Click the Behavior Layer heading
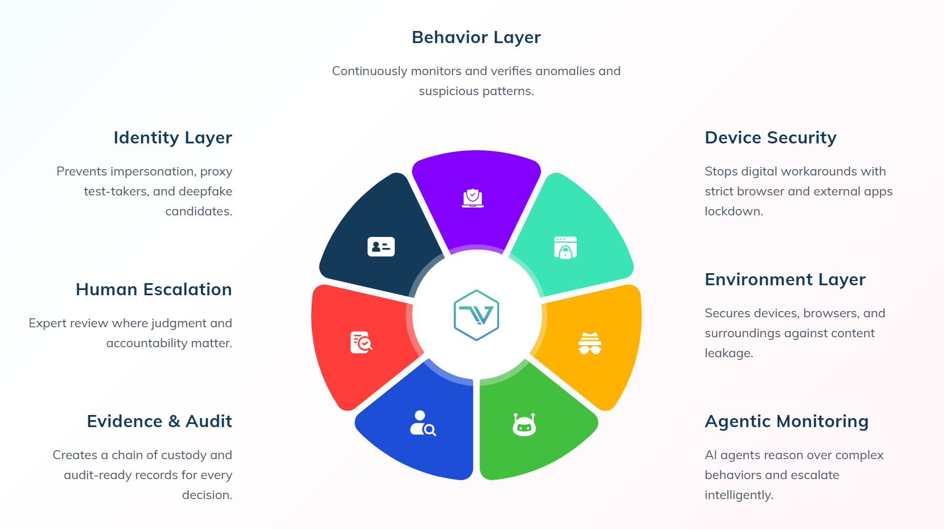pyautogui.click(x=476, y=38)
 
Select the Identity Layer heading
pyautogui.click(x=173, y=138)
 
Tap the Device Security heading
pyautogui.click(x=770, y=138)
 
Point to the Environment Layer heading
pyautogui.click(x=785, y=280)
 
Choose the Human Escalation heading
pyautogui.click(x=154, y=289)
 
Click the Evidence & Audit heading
pyautogui.click(x=160, y=421)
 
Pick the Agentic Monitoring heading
pyautogui.click(x=787, y=422)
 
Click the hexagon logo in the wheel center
pyautogui.click(x=476, y=315)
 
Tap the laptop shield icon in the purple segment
pyautogui.click(x=473, y=198)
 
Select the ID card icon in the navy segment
pyautogui.click(x=381, y=246)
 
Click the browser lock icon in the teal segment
pyautogui.click(x=565, y=247)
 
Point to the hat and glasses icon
pyautogui.click(x=590, y=344)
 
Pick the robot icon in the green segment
pyautogui.click(x=524, y=424)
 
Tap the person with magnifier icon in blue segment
pyautogui.click(x=423, y=423)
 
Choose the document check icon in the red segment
pyautogui.click(x=361, y=343)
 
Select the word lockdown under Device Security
pyautogui.click(x=734, y=211)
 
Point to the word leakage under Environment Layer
pyautogui.click(x=729, y=354)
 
